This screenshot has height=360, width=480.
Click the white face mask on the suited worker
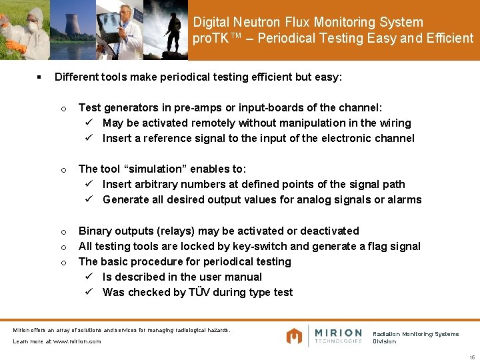tap(31, 27)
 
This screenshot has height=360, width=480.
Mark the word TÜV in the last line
tap(199, 292)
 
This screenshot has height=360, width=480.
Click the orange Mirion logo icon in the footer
tap(294, 336)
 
